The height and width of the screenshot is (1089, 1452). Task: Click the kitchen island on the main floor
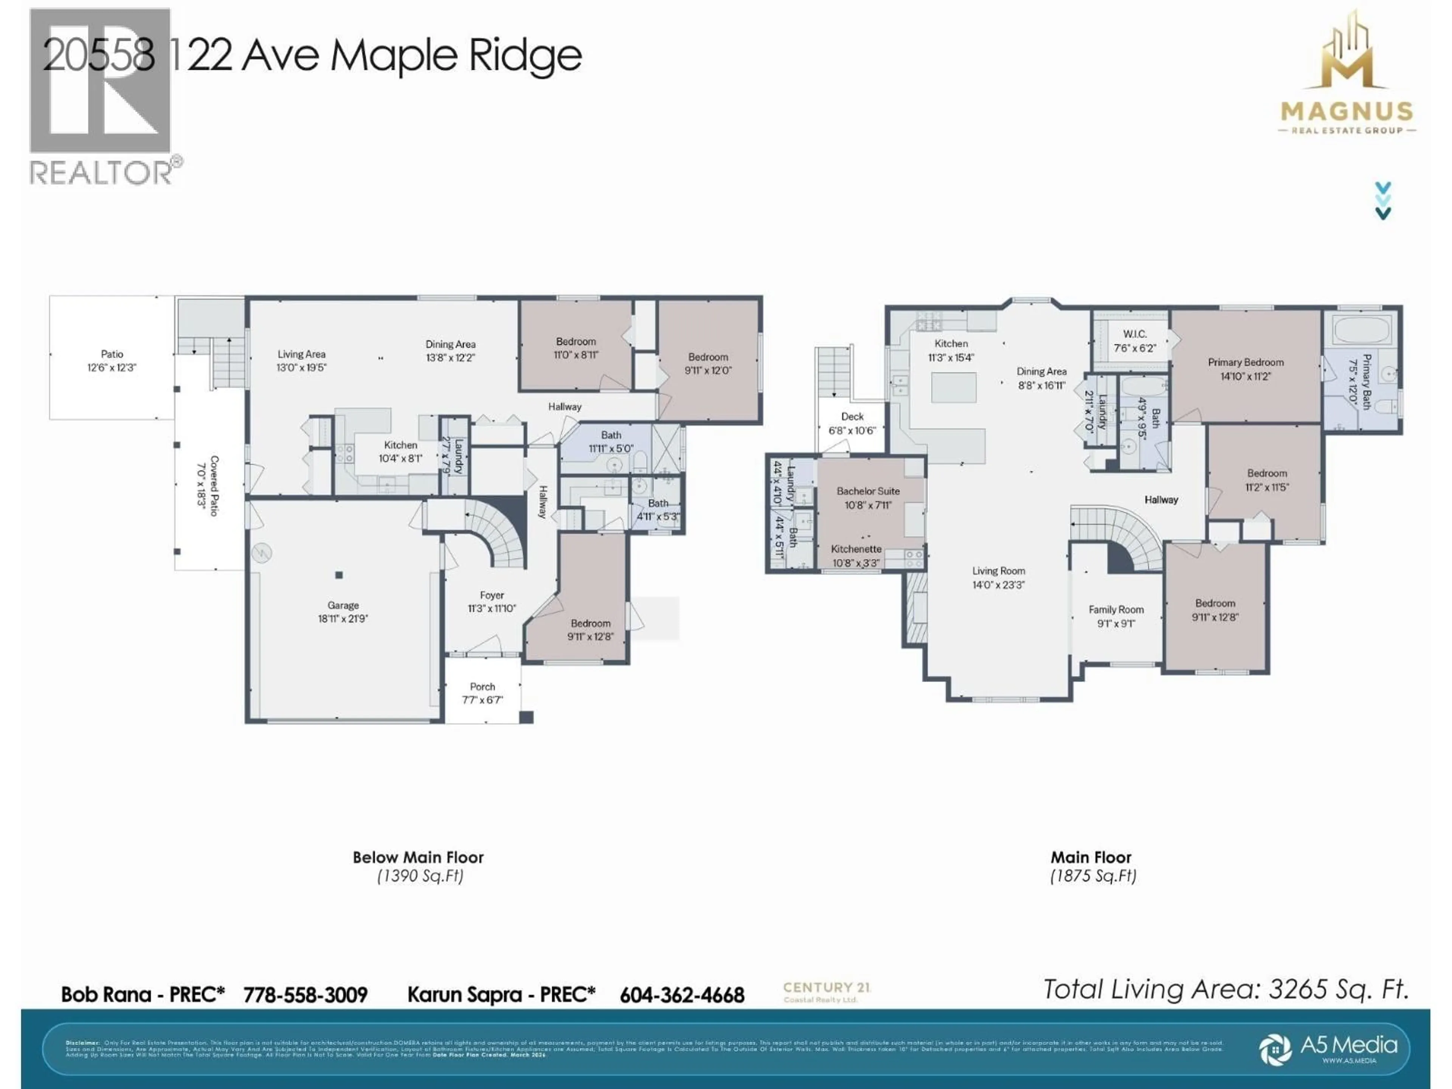pos(954,387)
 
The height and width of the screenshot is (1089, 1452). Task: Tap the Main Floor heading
pos(1091,857)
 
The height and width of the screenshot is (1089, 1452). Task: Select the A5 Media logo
pos(1329,1048)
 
